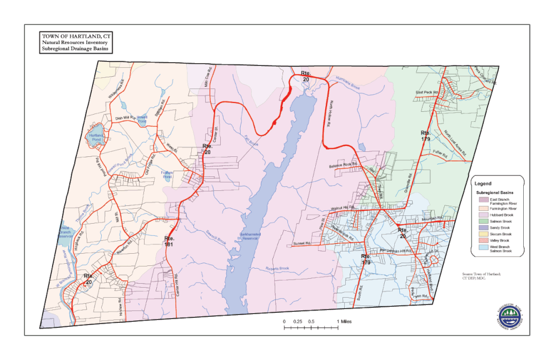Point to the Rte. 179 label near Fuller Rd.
425,135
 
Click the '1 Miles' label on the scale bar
344,322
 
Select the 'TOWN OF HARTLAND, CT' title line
76,36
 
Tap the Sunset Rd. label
301,244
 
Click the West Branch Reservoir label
66,232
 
